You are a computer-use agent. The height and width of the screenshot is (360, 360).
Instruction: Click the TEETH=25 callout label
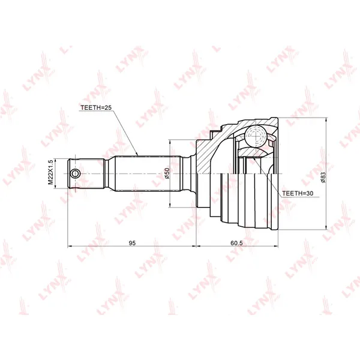click(x=96, y=107)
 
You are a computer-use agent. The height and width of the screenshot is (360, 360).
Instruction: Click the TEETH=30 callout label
click(x=298, y=193)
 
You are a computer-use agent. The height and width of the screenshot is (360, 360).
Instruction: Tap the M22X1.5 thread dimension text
click(x=50, y=172)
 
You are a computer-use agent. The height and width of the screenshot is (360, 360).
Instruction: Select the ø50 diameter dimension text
click(x=167, y=173)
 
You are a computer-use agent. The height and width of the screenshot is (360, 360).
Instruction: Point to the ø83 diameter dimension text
click(x=323, y=177)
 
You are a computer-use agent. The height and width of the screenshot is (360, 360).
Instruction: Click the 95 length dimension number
click(x=132, y=242)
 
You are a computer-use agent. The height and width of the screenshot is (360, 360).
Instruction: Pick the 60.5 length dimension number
click(x=236, y=242)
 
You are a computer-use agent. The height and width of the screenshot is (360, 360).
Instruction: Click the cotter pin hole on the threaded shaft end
click(x=75, y=173)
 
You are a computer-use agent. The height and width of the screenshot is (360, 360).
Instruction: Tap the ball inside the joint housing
click(x=256, y=136)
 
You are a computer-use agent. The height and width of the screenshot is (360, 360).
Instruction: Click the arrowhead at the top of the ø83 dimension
click(x=326, y=120)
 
